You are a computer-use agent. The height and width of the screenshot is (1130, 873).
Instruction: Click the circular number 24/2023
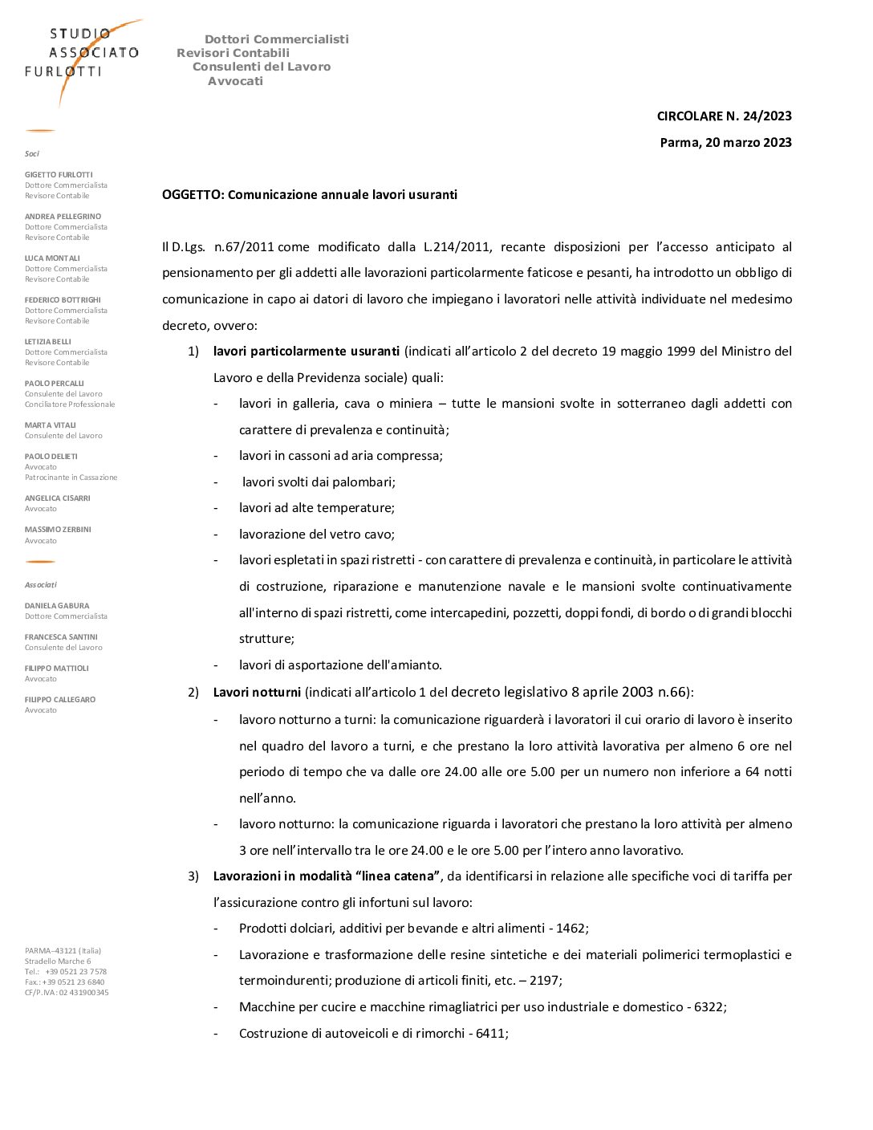click(767, 116)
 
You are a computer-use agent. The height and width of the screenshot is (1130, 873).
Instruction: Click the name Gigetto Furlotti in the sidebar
click(59, 175)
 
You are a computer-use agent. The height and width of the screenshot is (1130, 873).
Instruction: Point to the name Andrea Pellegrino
click(63, 217)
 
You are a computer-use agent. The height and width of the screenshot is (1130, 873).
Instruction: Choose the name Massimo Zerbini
click(58, 530)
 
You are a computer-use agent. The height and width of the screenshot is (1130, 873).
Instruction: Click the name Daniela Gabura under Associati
click(57, 606)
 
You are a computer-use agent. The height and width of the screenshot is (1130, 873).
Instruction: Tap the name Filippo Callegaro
click(60, 700)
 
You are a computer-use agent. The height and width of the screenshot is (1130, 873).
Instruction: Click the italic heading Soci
click(32, 154)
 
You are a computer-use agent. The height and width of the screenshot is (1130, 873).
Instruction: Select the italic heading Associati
click(41, 585)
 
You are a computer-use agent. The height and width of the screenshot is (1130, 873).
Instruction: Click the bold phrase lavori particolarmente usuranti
click(306, 352)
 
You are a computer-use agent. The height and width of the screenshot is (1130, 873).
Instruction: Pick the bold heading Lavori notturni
click(257, 693)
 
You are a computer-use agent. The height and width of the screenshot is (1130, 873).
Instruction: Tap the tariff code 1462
click(570, 929)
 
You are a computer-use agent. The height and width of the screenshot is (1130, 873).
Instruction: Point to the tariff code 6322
click(709, 1007)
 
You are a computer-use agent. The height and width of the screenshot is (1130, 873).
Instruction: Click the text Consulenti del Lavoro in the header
click(262, 67)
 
